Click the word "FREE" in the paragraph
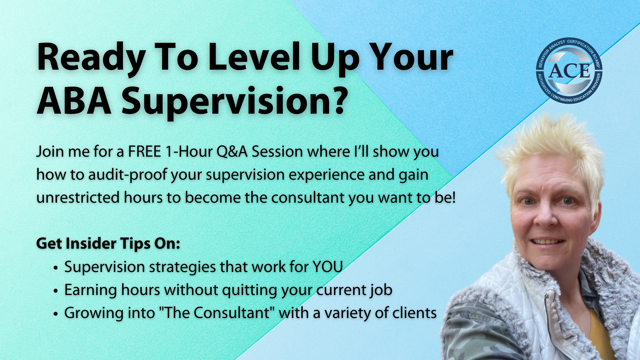tap(145, 152)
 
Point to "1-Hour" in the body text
tap(189, 152)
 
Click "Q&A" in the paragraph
tap(232, 152)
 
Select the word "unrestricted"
tap(78, 198)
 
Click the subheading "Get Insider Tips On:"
tap(108, 244)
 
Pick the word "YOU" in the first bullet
tap(328, 267)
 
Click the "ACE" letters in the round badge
tap(569, 71)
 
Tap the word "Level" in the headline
tap(254, 57)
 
